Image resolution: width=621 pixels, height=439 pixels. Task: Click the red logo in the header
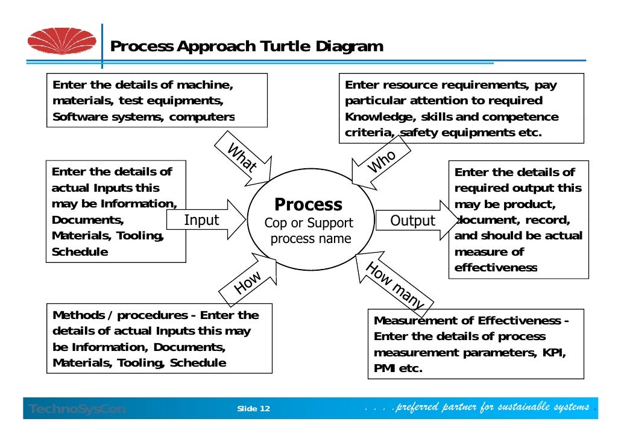coord(61,40)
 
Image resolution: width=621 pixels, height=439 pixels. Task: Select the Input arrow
coord(205,220)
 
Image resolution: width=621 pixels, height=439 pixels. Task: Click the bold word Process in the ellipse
coord(308,204)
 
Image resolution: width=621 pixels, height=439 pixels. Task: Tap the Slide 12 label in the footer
coord(254,409)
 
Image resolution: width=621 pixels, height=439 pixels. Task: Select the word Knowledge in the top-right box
coord(373,117)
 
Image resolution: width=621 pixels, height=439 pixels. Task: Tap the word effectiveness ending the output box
coord(496,268)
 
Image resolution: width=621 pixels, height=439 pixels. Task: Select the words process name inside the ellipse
coord(310,239)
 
